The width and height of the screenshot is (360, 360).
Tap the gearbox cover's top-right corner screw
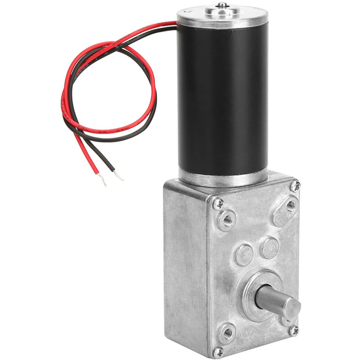click(x=295, y=185)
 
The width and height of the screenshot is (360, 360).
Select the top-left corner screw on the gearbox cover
click(x=218, y=203)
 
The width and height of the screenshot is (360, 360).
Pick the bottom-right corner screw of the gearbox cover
click(x=293, y=331)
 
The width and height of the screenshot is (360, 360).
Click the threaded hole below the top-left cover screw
click(x=226, y=220)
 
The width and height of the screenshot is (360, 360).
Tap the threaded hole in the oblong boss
click(x=291, y=207)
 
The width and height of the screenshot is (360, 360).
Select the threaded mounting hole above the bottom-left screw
click(x=227, y=333)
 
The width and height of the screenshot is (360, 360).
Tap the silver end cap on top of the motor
click(x=220, y=18)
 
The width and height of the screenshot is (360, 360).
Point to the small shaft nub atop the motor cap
click(x=221, y=5)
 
